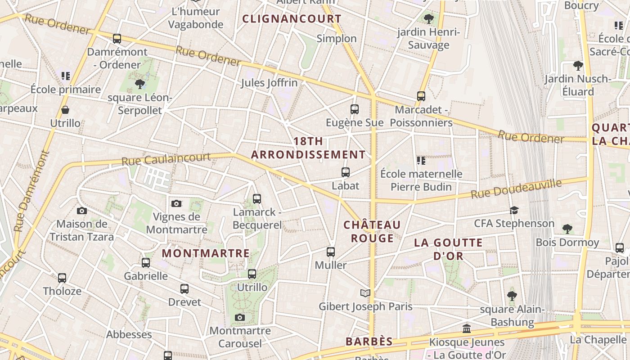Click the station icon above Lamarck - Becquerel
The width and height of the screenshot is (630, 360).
pyautogui.click(x=257, y=198)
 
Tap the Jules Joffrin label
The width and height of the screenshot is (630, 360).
pyautogui.click(x=269, y=83)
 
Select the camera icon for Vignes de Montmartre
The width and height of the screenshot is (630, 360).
pyautogui.click(x=176, y=203)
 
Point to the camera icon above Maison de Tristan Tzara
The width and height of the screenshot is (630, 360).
pyautogui.click(x=82, y=211)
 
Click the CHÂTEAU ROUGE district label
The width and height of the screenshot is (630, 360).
pyautogui.click(x=372, y=231)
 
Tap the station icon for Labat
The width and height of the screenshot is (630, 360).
pyautogui.click(x=346, y=172)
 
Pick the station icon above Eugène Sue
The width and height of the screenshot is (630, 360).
pyautogui.click(x=355, y=109)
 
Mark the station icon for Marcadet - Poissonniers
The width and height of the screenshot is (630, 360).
pyautogui.click(x=421, y=96)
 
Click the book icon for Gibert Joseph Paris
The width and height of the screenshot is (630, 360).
pyautogui.click(x=365, y=293)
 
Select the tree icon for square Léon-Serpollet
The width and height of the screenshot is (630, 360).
pyautogui.click(x=140, y=84)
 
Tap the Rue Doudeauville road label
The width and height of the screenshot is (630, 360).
pyautogui.click(x=516, y=189)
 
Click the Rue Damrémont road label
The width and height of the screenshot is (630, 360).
pyautogui.click(x=32, y=191)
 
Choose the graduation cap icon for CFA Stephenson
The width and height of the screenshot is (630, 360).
pyautogui.click(x=514, y=210)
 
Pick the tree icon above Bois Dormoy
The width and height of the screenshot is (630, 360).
pyautogui.click(x=567, y=229)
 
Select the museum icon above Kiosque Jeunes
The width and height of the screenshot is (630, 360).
pyautogui.click(x=467, y=328)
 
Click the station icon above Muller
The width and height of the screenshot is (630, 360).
pyautogui.click(x=331, y=252)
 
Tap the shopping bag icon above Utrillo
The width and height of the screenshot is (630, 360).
pyautogui.click(x=65, y=110)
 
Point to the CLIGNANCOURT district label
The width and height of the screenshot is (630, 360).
pyautogui.click(x=292, y=19)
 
